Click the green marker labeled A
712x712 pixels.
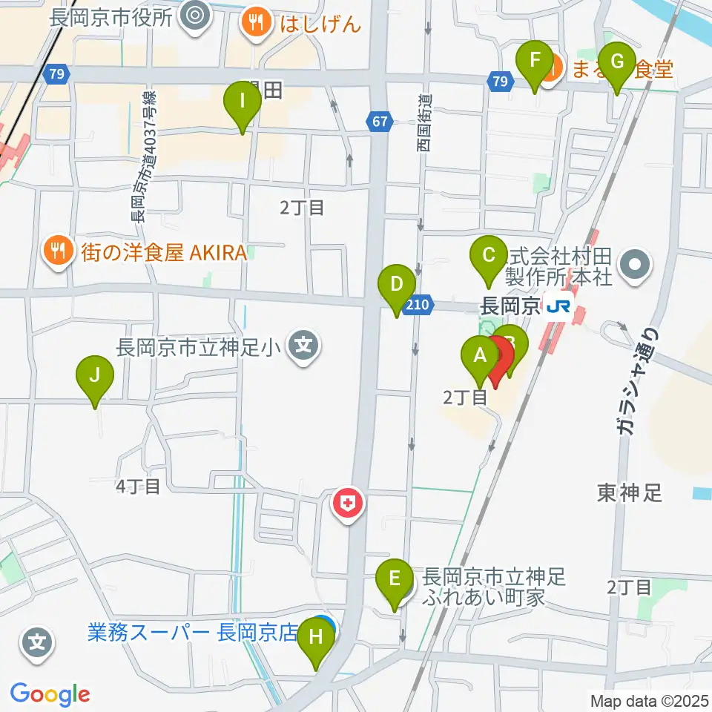(x=480, y=356)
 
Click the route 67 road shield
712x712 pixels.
(x=379, y=121)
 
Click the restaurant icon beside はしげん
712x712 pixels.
(x=257, y=23)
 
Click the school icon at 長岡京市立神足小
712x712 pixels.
(x=303, y=346)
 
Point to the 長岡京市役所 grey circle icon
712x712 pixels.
(x=196, y=13)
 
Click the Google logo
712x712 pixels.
(x=50, y=695)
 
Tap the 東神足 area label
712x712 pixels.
(x=629, y=493)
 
